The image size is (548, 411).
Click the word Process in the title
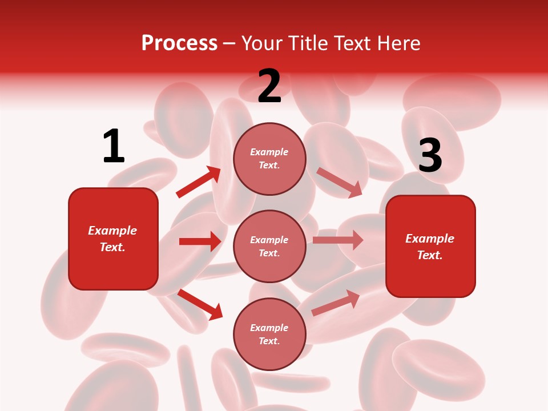[179, 43]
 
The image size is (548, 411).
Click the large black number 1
[113, 146]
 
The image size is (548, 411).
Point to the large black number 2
[269, 86]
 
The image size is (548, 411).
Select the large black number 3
[430, 155]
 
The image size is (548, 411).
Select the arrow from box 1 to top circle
[198, 183]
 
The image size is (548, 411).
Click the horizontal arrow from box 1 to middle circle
[200, 241]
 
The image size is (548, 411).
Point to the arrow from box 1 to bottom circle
[200, 304]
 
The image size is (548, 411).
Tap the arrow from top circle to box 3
[339, 182]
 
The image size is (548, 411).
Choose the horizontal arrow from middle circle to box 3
[337, 240]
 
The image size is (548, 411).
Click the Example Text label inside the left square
[112, 239]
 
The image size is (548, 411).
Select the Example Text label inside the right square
[430, 247]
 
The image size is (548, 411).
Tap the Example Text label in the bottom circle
[269, 334]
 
